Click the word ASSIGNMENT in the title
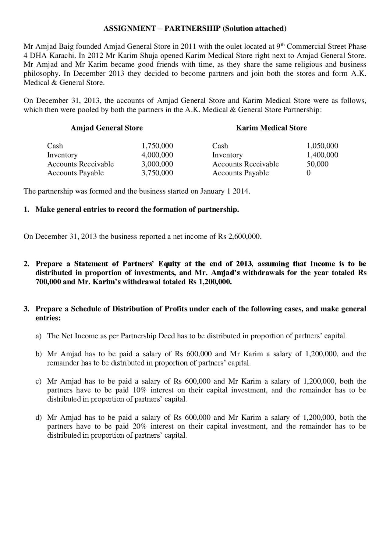pos(129,29)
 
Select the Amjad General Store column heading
pos(107,128)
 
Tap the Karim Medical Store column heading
pos(271,128)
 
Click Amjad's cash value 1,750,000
pos(157,146)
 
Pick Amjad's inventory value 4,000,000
pos(157,155)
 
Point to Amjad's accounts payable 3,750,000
pos(157,173)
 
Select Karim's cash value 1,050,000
pos(322,146)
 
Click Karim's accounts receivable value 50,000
pos(317,164)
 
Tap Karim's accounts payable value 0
pos(308,173)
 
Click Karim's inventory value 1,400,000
pos(322,155)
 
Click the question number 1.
pos(26,209)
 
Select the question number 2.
pos(26,264)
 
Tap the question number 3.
pos(26,309)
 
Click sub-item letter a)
pos(38,336)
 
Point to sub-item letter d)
pos(38,417)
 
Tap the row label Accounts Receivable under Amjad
pos(80,164)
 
